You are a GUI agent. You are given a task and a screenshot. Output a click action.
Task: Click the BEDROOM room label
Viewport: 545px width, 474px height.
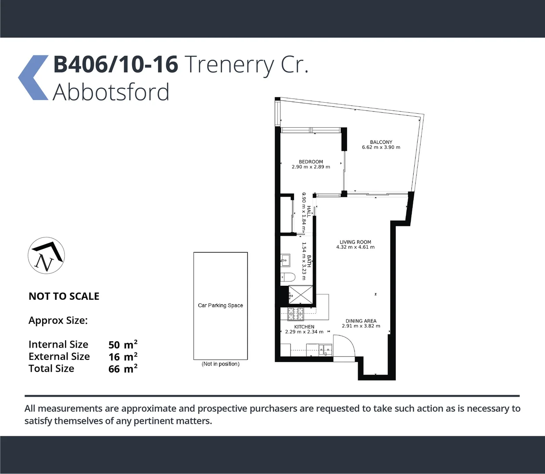(x=311, y=162)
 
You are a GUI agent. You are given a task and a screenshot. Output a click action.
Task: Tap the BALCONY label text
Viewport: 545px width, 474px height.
(x=381, y=142)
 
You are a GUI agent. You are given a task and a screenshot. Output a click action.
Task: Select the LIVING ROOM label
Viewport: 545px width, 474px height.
(x=355, y=242)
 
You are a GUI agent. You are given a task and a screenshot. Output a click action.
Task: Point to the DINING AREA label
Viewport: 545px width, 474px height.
(x=361, y=321)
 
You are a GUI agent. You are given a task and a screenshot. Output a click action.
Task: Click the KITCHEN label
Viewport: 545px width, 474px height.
(x=304, y=327)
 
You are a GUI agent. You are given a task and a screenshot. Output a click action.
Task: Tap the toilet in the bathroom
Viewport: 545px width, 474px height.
(x=287, y=277)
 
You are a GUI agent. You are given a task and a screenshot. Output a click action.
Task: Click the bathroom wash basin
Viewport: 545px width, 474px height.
(x=285, y=260)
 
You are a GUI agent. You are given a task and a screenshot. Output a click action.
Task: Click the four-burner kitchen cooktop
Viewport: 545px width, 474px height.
(x=295, y=313)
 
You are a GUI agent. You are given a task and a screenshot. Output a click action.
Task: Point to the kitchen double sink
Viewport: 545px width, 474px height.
(x=326, y=350)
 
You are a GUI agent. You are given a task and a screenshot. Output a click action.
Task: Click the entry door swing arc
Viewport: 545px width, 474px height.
(x=344, y=347)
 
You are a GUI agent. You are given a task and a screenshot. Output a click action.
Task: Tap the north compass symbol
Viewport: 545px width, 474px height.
(x=47, y=256)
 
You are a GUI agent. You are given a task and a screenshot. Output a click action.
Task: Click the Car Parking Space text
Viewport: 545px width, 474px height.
(x=220, y=305)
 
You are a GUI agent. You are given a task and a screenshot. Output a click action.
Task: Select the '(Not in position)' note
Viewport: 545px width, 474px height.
(x=221, y=364)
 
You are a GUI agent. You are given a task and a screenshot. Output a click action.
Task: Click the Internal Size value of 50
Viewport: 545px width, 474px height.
(x=114, y=345)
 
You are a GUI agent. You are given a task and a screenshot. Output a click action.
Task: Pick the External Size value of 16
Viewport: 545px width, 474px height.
(x=114, y=357)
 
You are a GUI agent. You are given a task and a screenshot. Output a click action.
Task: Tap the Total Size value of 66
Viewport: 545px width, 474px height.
(x=114, y=369)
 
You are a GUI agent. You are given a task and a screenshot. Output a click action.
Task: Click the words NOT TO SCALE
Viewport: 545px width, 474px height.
(x=64, y=296)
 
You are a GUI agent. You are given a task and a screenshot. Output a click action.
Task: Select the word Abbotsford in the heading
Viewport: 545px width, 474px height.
(x=111, y=92)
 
